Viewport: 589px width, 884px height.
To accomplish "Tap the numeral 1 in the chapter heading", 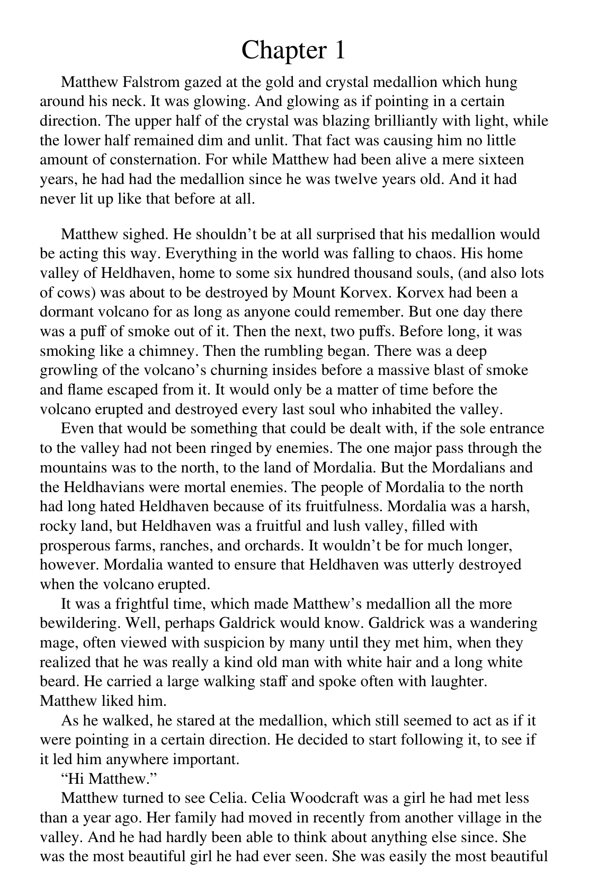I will click(x=338, y=50).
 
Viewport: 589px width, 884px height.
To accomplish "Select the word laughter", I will click(x=457, y=681).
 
